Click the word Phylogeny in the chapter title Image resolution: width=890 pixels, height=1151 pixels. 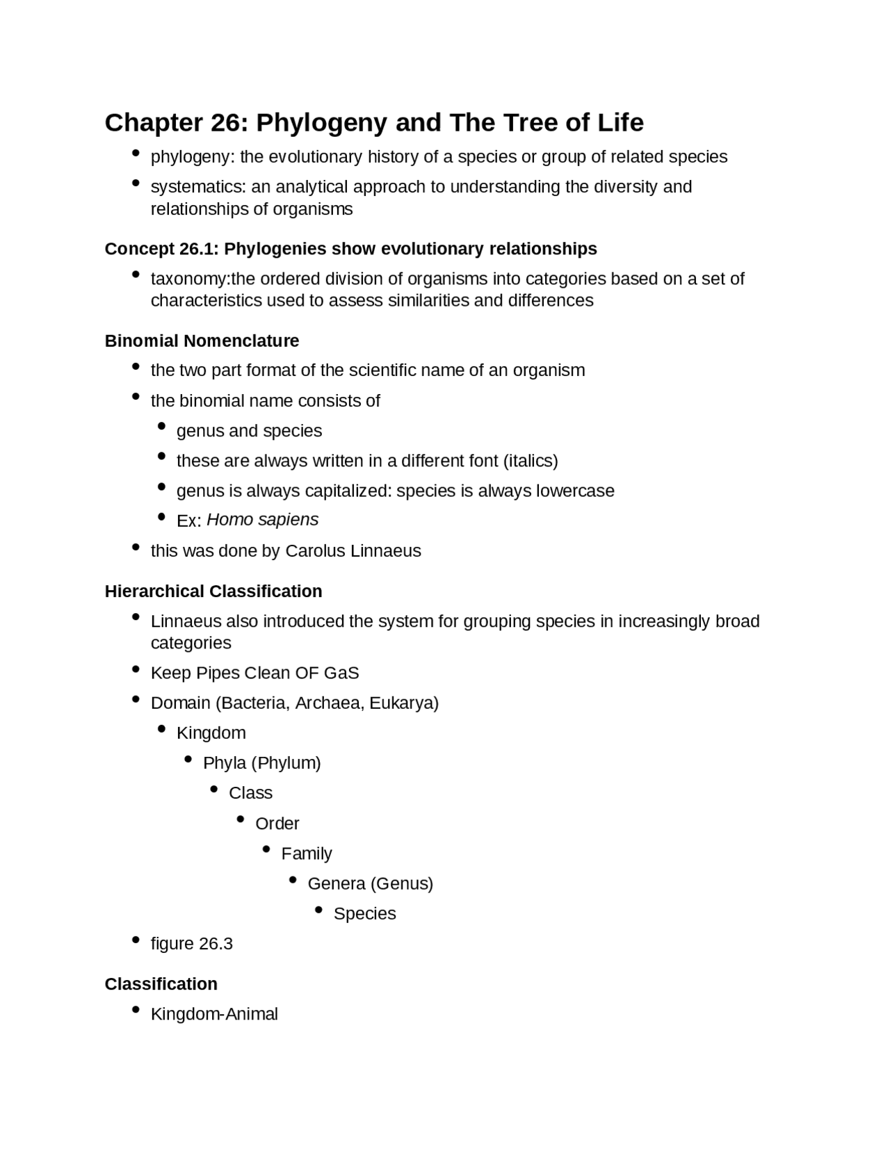[321, 122]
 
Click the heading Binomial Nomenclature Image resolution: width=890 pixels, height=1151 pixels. [202, 341]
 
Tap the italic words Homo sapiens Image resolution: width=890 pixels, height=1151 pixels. [262, 520]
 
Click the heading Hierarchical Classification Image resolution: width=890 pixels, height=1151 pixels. [213, 591]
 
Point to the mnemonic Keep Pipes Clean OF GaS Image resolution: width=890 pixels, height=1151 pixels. [254, 673]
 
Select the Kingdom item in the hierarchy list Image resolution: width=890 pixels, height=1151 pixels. [211, 733]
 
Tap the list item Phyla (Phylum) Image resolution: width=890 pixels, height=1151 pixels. [261, 763]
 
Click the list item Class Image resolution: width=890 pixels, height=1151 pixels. [250, 793]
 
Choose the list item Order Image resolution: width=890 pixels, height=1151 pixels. [277, 824]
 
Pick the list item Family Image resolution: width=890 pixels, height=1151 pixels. [306, 854]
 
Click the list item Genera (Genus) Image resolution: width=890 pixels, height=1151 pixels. [370, 883]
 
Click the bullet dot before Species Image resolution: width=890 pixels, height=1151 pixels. [318, 910]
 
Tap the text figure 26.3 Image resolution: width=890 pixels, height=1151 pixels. [191, 944]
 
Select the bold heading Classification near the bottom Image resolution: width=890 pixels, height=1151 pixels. [161, 984]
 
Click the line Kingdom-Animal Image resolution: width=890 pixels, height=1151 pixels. [214, 1014]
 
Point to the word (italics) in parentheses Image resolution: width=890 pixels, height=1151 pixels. [530, 461]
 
